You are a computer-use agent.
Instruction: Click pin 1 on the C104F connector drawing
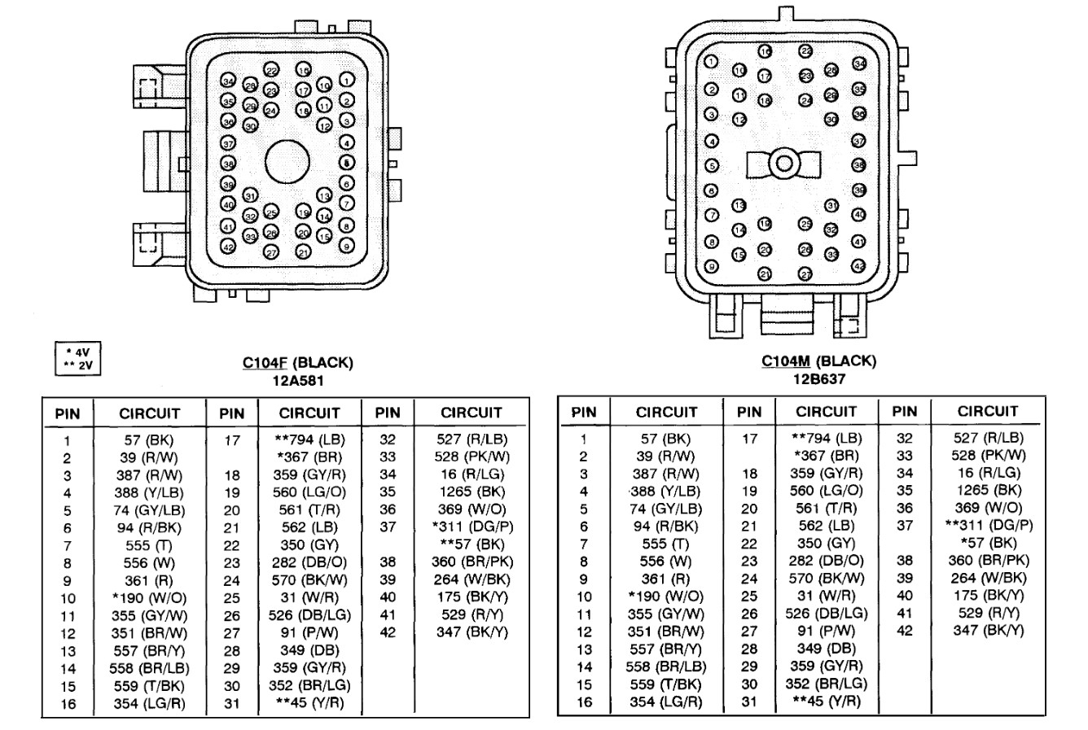347,79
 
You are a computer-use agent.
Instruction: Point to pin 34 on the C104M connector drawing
858,63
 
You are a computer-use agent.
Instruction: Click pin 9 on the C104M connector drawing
711,265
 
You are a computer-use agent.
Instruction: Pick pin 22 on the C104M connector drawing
805,50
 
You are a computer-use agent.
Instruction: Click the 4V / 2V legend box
77,358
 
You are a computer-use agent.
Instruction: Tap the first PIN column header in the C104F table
68,413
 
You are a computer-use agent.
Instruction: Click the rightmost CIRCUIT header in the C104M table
987,411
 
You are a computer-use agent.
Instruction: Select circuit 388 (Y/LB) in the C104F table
148,493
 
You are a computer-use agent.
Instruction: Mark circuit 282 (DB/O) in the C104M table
827,560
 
